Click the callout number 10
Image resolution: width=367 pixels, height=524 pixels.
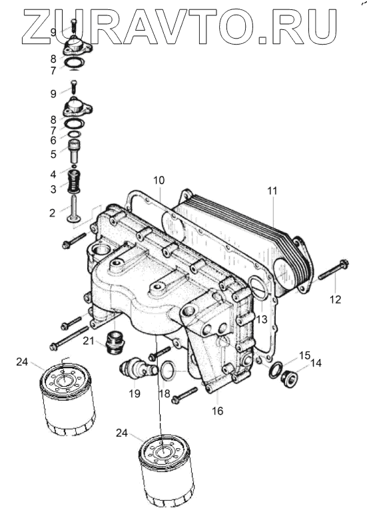coord(159,180)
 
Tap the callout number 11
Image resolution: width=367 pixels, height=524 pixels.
coord(272,191)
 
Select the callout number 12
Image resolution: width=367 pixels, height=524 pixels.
coord(335,300)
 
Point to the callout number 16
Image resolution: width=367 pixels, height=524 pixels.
coord(218,411)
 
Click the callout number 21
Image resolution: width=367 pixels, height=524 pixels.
coord(89,340)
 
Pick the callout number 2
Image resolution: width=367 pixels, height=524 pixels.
coord(52,213)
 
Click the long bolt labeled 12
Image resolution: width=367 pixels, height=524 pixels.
coord(333,270)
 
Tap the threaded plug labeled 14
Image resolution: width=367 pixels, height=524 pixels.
coord(290,378)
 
